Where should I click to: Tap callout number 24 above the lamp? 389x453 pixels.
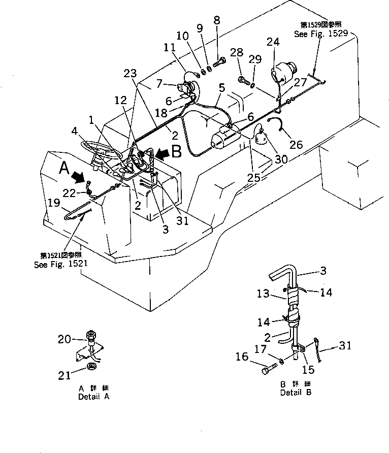click(273, 43)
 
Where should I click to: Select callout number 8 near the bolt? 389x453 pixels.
click(217, 21)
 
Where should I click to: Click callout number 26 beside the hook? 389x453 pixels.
click(296, 145)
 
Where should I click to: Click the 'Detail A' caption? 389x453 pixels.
click(93, 397)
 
